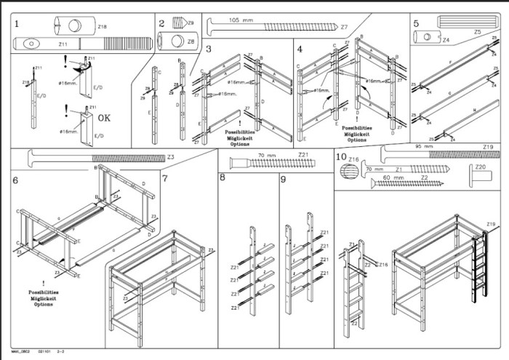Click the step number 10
(340, 156)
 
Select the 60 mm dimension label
(393, 177)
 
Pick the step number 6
(15, 179)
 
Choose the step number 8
(223, 178)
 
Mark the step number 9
(283, 178)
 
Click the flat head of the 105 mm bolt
(209, 27)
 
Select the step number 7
(166, 178)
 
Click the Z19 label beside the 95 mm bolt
(488, 147)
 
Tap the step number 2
(161, 23)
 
